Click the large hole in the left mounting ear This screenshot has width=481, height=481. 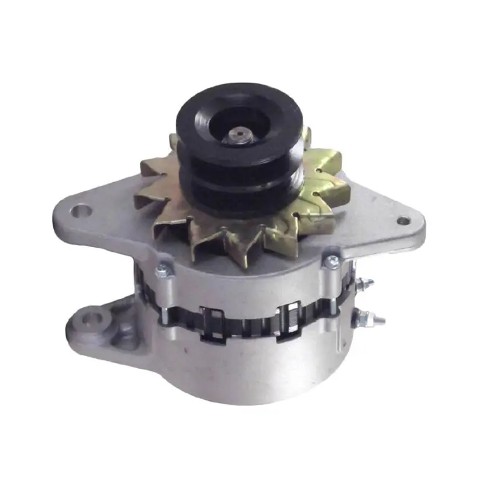pos(79,212)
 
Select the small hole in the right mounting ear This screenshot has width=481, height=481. pos(402,221)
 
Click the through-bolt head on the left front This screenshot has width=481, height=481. pos(161,272)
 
